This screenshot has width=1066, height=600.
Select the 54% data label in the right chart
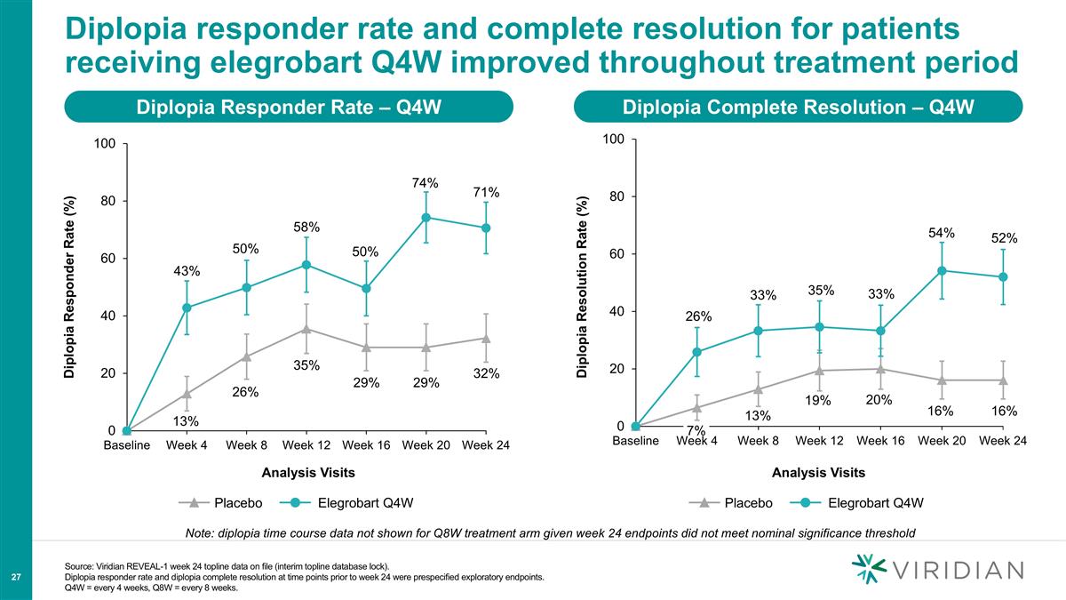941,233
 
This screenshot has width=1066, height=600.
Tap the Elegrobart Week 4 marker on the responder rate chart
187,308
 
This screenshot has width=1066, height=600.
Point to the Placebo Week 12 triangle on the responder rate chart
306,329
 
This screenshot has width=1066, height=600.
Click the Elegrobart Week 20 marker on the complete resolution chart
941,270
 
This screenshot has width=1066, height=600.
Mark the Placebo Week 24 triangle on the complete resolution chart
1003,380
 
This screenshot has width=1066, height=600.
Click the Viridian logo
937,569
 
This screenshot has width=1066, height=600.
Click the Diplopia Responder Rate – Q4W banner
289,108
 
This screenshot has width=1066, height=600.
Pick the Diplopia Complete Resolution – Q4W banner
799,108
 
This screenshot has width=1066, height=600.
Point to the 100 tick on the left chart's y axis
106,144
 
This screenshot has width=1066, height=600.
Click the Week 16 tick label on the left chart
366,445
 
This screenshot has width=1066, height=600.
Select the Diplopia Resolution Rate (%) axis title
582,284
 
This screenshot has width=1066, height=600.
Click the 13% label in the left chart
186,420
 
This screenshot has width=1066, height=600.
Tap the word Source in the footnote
83,566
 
